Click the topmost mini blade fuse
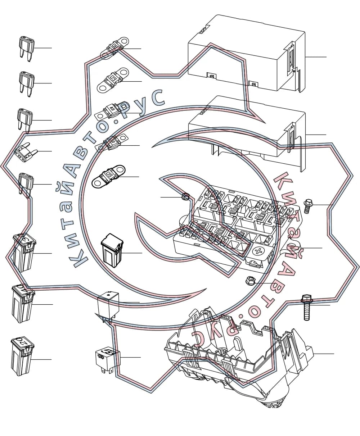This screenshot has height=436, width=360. point(27,49)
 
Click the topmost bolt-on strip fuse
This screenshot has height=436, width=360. point(114,48)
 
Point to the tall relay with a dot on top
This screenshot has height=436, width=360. point(108,306)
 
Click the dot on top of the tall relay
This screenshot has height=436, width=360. point(108,295)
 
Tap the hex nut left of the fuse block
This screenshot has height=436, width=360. point(185,196)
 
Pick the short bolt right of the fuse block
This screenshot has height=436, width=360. point(307,206)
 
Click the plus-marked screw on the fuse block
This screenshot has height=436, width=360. point(258,251)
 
